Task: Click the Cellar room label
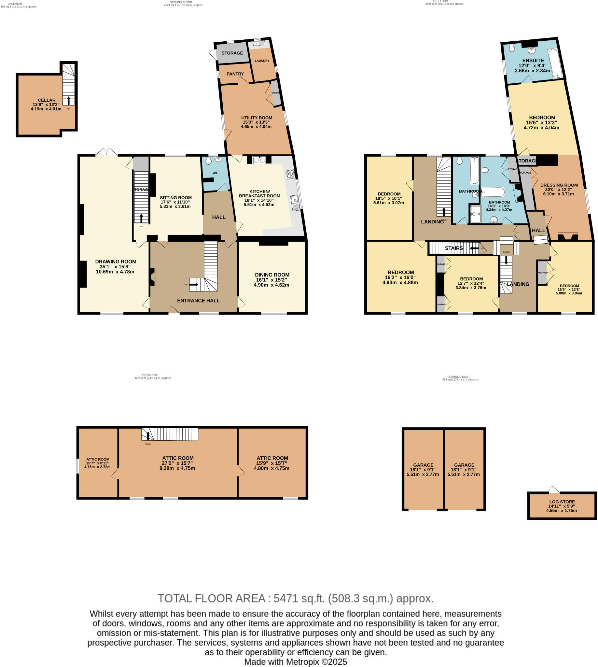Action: point(46,100)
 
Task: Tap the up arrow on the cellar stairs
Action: point(68,100)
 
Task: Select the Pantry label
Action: point(235,74)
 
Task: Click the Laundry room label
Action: point(262,61)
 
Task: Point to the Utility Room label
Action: point(257,118)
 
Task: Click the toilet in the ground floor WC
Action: point(208,161)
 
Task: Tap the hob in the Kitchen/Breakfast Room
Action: point(290,174)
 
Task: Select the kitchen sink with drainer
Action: point(295,203)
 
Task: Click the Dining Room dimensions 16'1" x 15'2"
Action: point(272,280)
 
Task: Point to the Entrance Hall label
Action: point(198,301)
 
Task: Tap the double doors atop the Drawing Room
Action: point(106,152)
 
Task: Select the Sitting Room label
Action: point(175,198)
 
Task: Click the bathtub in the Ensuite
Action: point(555,64)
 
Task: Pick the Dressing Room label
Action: point(559,185)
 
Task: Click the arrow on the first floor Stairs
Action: point(474,248)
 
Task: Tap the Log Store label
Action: point(562,502)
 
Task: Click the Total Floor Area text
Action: point(295,598)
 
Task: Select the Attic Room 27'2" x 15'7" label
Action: point(178,458)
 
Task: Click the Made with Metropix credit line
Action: point(295,662)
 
